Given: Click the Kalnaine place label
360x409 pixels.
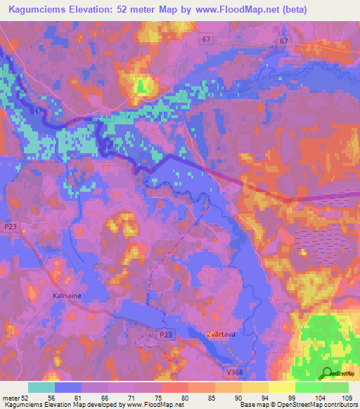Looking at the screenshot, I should pyautogui.click(x=67, y=296).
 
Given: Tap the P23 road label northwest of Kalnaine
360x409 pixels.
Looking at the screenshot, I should pyautogui.click(x=10, y=226).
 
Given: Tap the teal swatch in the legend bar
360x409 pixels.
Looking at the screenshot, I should pyautogui.click(x=41, y=387).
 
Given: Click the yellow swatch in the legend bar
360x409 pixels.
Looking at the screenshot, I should pyautogui.click(x=281, y=387).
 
